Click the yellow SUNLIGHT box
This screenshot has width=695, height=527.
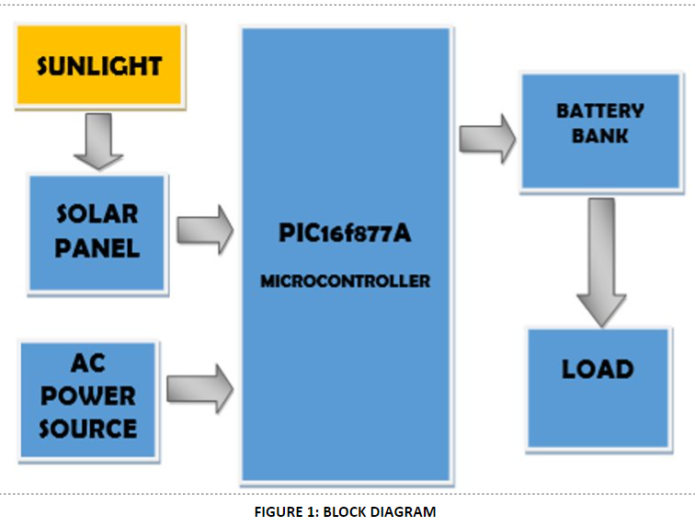coord(99,65)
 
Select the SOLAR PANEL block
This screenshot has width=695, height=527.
coord(97,232)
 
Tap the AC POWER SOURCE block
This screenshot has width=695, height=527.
coord(88,396)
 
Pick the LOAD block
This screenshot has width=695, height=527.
coord(598,386)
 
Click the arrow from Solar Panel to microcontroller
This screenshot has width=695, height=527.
coord(205,230)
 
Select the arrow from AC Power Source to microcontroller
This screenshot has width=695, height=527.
coord(199,385)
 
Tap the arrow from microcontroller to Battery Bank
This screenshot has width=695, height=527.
coord(487,138)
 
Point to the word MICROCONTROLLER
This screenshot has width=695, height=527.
coord(345,281)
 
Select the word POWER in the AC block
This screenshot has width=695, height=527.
coord(88,396)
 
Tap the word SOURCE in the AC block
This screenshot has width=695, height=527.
coord(88,428)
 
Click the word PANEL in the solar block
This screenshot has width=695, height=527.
coord(97,247)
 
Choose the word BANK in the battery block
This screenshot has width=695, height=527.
coord(599,135)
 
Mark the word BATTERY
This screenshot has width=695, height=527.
coord(599,111)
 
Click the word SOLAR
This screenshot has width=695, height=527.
coord(97,214)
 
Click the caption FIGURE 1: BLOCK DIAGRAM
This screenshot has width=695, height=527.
coord(345,511)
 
